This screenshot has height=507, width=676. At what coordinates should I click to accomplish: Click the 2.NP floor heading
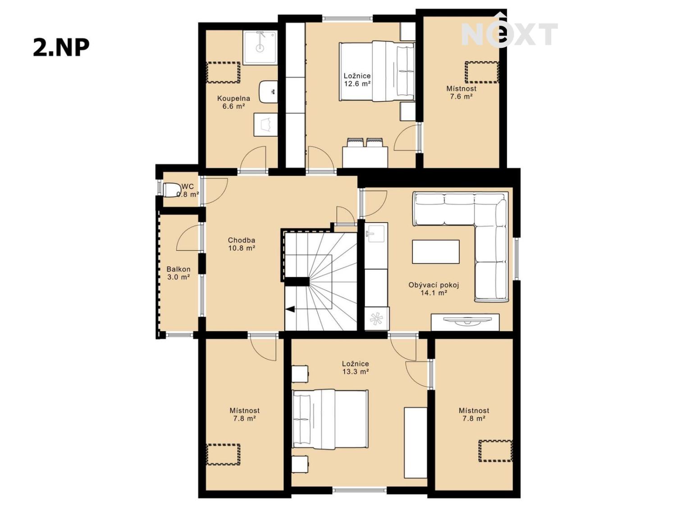tap(61, 47)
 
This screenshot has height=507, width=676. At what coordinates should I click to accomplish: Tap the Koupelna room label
tap(233, 99)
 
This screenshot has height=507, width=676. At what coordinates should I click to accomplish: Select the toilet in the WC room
tap(171, 190)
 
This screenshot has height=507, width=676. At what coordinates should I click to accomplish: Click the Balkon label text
tap(178, 269)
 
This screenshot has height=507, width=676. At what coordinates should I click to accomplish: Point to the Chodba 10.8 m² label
tap(242, 244)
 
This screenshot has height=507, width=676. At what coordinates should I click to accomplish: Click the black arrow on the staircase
tap(290, 309)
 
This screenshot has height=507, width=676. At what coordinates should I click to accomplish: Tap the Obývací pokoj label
tap(434, 285)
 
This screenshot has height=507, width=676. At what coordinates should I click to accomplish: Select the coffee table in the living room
tap(435, 252)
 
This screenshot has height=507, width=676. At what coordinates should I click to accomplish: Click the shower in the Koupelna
tap(260, 47)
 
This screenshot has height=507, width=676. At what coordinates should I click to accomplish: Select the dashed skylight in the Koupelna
tap(223, 73)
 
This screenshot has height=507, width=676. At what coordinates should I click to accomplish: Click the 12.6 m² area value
tap(357, 83)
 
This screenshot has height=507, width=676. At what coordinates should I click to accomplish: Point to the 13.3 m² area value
tap(356, 371)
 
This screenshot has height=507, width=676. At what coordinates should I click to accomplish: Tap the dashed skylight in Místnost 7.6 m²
tap(482, 72)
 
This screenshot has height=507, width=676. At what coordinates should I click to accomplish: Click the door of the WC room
tap(215, 192)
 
